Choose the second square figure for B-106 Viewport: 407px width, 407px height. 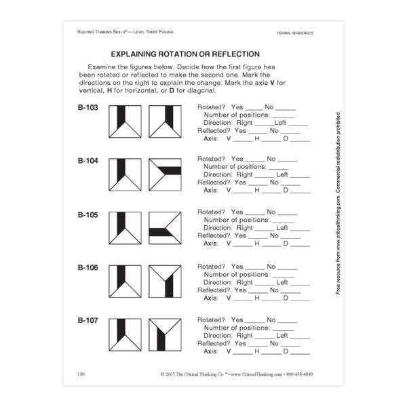[165, 282]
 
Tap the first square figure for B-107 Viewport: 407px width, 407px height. [125, 334]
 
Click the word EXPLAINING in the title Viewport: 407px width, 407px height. [142, 54]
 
